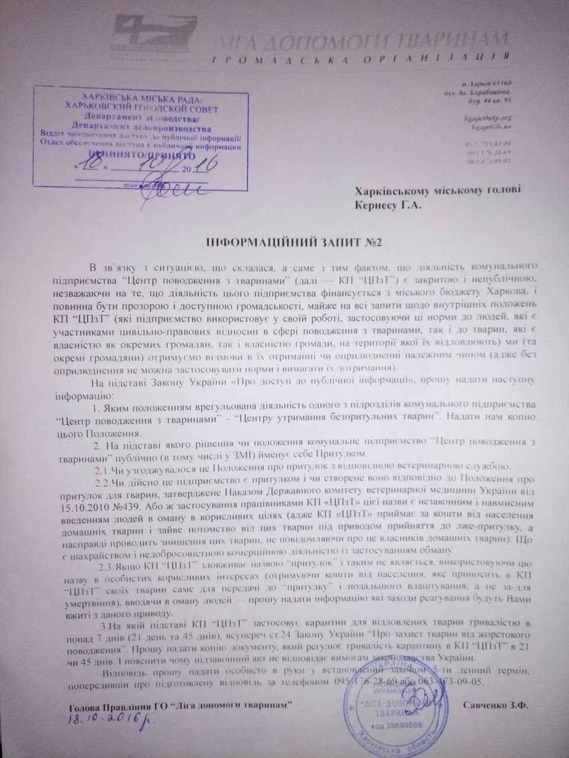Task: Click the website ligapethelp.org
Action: pos(489,118)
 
